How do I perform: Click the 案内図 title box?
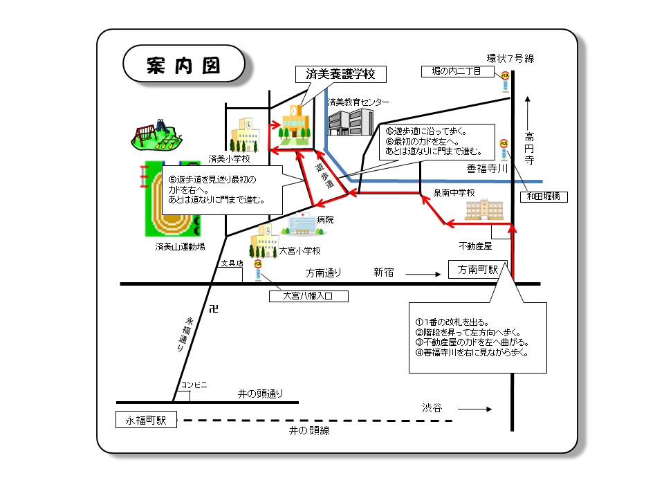[x=183, y=66]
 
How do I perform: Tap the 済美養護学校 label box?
[x=340, y=74]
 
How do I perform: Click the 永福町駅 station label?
[x=146, y=420]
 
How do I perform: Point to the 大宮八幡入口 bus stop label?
[x=308, y=297]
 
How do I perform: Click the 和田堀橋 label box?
[x=544, y=197]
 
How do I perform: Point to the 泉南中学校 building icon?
[x=484, y=209]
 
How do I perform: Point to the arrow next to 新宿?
[x=423, y=274]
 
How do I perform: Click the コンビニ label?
[x=194, y=385]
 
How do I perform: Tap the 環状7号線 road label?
[x=510, y=58]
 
